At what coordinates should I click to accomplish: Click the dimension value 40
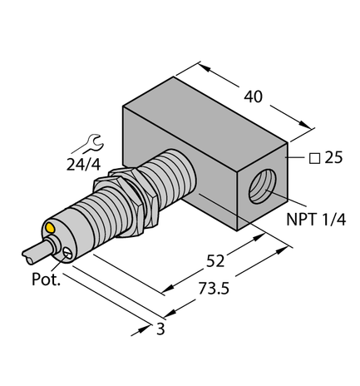coord(253,96)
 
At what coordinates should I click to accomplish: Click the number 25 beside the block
coord(336,155)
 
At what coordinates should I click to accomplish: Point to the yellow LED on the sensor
coord(52,226)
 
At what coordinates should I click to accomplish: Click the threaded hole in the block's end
coord(265,187)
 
